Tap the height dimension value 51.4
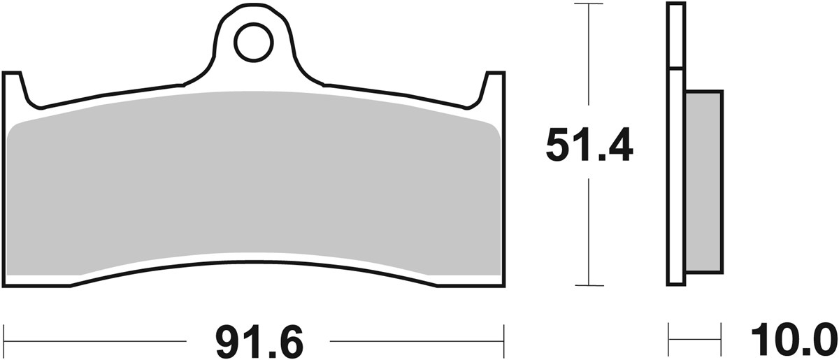[x=589, y=145]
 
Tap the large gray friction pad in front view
[x=255, y=182]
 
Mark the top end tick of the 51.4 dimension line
[x=589, y=4]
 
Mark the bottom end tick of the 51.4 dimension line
[x=589, y=285]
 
